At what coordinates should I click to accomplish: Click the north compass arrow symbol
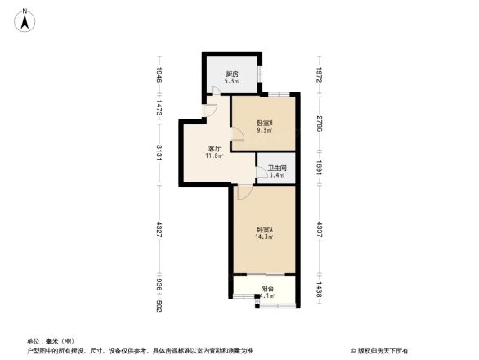point(25,19)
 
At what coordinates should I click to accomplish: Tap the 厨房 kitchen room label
point(232,75)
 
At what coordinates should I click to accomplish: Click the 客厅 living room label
point(214,149)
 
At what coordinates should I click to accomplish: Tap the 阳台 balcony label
point(266,288)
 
